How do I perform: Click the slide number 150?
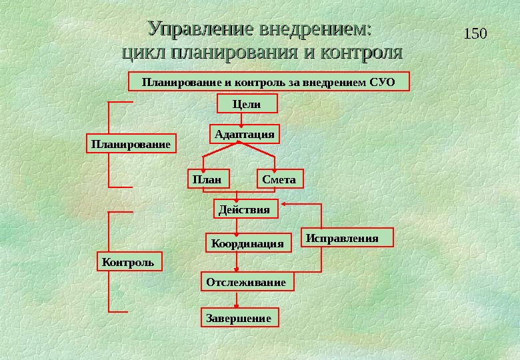tap(475, 33)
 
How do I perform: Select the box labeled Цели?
tap(247, 103)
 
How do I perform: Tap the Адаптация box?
tap(245, 134)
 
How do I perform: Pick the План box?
tap(207, 179)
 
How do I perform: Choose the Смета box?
tap(279, 179)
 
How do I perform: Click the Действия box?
tap(245, 210)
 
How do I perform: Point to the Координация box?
tap(247, 243)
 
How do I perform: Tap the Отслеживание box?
tap(246, 283)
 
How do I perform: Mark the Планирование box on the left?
tap(131, 143)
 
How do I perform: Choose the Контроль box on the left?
tap(129, 262)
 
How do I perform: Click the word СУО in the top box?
tap(383, 82)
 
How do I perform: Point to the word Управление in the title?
tap(201, 29)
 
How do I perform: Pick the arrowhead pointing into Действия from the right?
tap(285, 203)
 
